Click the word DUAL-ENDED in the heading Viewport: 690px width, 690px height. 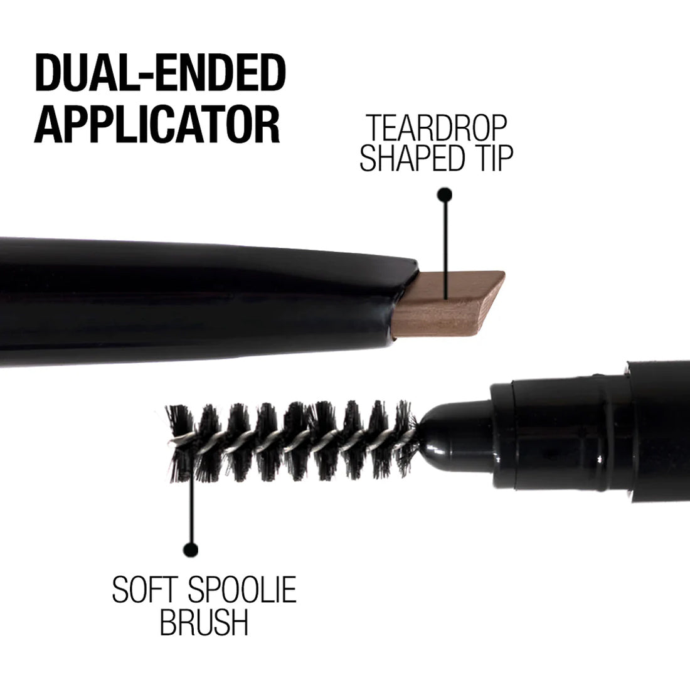coord(160,73)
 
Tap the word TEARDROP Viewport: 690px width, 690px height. coord(437,128)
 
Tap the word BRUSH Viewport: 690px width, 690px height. coord(204,622)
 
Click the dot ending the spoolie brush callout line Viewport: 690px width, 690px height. coord(191,549)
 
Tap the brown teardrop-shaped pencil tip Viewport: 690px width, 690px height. coord(448,304)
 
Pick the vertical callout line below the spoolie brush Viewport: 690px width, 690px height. coord(191,503)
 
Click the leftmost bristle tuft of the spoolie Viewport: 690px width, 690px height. coord(180,443)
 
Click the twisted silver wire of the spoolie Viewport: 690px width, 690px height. coord(293,442)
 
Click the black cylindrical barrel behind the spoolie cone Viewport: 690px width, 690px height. coord(590,432)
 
